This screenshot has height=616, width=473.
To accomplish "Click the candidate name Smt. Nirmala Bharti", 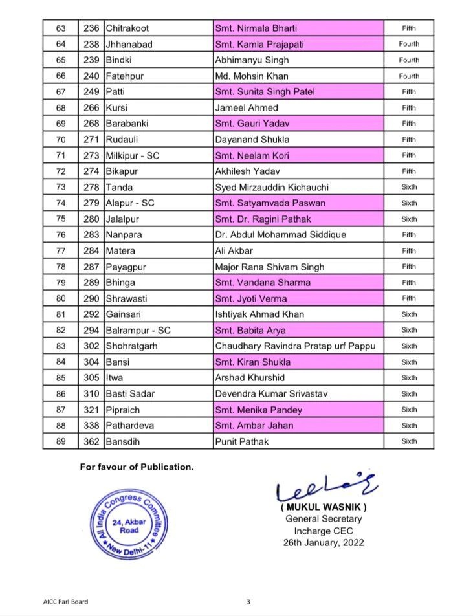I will [x=256, y=28].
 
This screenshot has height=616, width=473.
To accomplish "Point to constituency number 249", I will [x=91, y=92].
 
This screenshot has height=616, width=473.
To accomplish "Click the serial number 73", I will [x=61, y=187].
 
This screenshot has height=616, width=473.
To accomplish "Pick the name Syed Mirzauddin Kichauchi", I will [x=272, y=187].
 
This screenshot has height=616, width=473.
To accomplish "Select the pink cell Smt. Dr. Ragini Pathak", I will [x=266, y=219].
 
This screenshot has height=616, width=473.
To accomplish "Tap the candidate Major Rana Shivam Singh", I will [x=270, y=267].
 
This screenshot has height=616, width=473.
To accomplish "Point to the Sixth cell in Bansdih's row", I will [x=409, y=441].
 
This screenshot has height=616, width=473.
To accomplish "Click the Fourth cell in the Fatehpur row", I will [x=409, y=76].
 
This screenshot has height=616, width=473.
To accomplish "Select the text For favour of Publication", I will [x=137, y=467].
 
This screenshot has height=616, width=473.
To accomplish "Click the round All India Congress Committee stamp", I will [x=127, y=525].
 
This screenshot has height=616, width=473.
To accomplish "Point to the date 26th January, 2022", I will [x=324, y=543].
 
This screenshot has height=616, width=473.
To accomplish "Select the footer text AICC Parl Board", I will [x=61, y=602].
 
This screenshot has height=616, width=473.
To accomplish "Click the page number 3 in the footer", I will [x=248, y=602].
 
